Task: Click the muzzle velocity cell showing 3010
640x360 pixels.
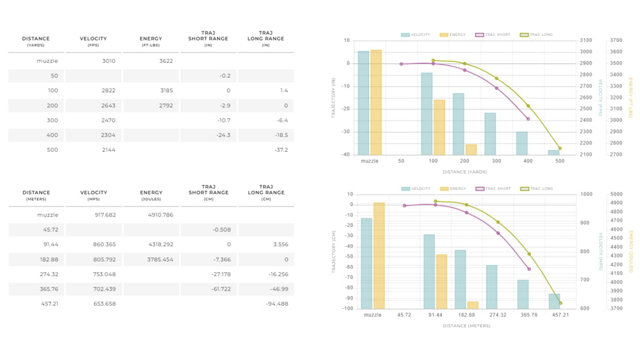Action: (108, 61)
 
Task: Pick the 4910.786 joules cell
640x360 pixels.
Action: (160, 215)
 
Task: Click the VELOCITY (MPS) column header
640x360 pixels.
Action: (94, 195)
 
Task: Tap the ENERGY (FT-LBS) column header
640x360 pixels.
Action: (151, 41)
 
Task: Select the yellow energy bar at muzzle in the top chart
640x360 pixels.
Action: (376, 102)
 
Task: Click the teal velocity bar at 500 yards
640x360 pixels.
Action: (554, 153)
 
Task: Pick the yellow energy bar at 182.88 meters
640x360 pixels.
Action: (472, 305)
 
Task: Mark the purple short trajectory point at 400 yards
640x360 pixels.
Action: (528, 118)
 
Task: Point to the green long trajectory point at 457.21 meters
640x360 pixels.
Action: (560, 303)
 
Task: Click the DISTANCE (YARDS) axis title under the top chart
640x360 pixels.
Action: (463, 172)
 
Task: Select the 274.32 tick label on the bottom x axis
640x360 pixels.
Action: (497, 315)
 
